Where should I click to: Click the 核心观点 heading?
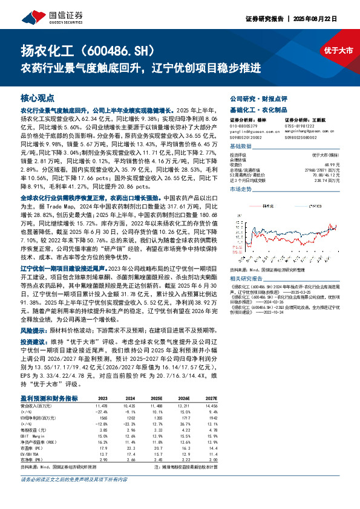click(38, 97)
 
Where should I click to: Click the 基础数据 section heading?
click(242, 147)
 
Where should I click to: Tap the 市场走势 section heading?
click(242, 189)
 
